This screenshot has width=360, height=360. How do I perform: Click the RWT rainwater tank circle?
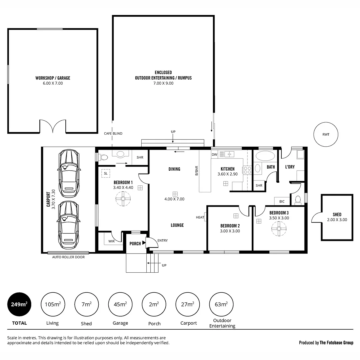coord(326,135)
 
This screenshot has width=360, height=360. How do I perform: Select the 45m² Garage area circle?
coord(120,304)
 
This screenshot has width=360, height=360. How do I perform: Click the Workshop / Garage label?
coord(53,78)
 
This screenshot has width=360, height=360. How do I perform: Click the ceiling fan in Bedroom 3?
coord(279,229)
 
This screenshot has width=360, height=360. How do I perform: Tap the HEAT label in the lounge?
coord(200,217)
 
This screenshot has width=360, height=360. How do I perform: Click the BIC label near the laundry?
coord(282,201)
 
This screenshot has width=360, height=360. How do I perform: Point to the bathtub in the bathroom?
coord(264,156)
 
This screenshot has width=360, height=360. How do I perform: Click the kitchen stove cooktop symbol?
coord(247,170)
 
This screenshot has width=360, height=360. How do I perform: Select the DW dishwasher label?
coord(214,154)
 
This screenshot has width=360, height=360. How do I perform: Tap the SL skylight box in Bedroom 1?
coord(106,173)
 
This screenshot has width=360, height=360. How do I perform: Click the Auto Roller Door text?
coord(68,257)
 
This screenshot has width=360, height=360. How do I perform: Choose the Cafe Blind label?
coord(113,134)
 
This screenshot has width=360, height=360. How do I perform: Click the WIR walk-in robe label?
coord(111,241)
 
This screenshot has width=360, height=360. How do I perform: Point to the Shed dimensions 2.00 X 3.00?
coord(337,220)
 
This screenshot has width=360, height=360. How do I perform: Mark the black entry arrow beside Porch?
coord(144,243)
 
